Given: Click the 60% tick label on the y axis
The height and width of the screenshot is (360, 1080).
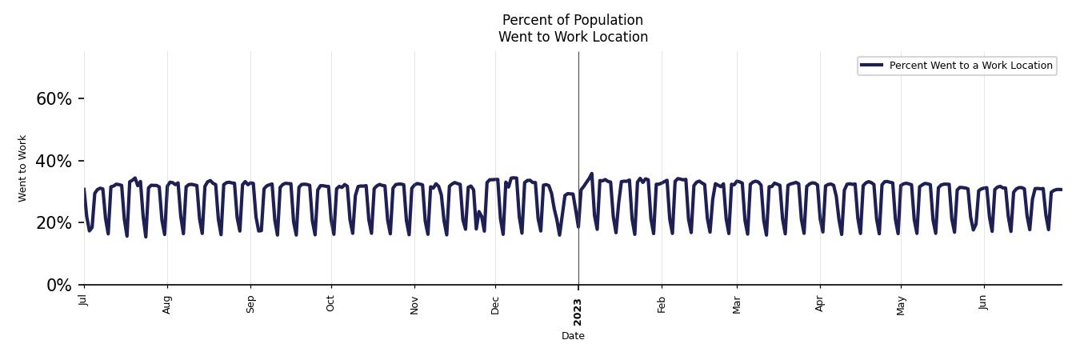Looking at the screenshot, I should coord(54,99).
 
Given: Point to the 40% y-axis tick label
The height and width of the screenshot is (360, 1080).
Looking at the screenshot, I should coord(54,162).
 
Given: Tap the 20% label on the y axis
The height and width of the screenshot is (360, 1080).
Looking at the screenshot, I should coord(54,223).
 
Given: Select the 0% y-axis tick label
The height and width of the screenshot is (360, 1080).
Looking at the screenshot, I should coord(59,286).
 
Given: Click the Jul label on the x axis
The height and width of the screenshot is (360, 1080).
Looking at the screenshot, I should coord(83,300).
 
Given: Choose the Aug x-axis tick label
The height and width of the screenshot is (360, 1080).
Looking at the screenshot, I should coord(167,304).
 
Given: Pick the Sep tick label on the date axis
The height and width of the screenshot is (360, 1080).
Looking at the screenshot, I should coord(250,304).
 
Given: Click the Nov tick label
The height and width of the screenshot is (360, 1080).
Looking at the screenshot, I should coord(414,304).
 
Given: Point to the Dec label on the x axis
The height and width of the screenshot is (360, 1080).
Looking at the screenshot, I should coord(495,304).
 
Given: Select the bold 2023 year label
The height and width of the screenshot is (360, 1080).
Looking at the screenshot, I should coord(578,311).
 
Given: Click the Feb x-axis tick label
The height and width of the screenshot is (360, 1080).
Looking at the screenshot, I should coord(662,303).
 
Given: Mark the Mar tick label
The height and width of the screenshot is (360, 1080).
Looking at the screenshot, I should coord(737,304).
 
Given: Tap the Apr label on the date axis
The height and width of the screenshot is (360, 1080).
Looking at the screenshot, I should coord(820,303).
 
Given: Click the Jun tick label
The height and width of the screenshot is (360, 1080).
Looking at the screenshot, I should coord(984,302).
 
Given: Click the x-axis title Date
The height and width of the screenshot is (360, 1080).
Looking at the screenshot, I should coord(573,336).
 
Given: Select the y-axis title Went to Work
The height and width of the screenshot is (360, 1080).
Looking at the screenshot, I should coord(22,168).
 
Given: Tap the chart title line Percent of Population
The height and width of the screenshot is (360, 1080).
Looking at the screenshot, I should coord(573,20).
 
